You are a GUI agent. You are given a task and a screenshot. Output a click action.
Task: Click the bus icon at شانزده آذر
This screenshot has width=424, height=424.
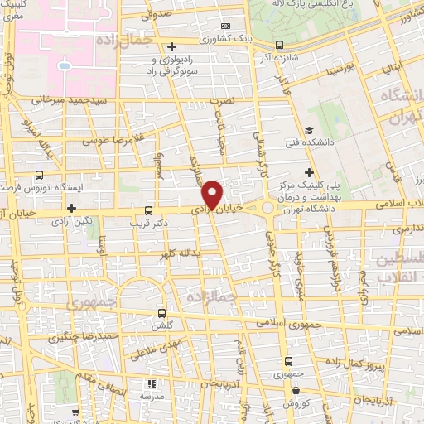[279, 46]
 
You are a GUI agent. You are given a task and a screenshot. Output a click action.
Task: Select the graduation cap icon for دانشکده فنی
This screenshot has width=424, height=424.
[308, 129]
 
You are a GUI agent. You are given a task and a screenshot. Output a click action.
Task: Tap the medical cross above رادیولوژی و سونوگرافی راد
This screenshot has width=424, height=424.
[172, 46]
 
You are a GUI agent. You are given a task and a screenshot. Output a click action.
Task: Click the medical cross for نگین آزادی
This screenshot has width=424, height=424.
[72, 208]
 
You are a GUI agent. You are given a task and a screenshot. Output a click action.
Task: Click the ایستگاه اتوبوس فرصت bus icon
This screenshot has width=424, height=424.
[39, 176]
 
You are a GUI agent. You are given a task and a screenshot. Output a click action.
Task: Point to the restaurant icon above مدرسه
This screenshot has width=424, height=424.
[152, 383]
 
